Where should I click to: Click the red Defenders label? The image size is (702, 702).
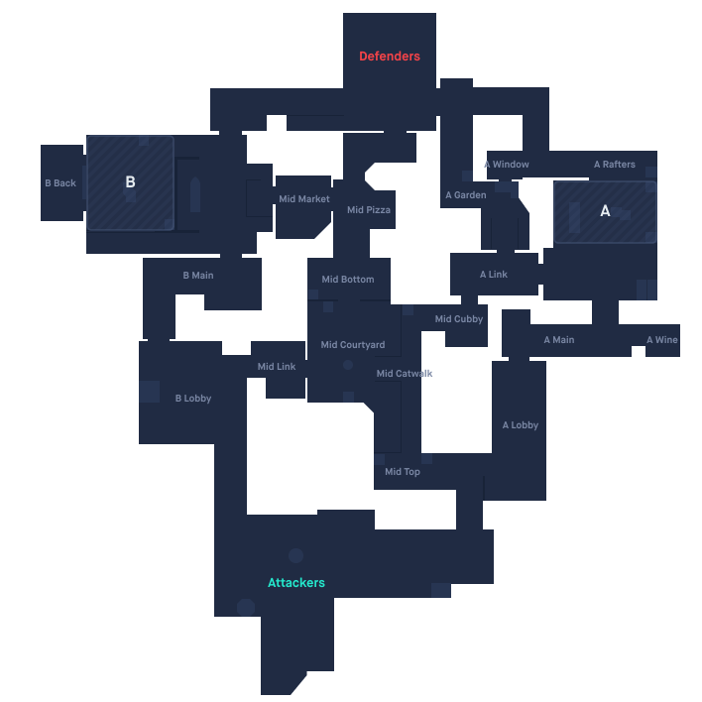390,57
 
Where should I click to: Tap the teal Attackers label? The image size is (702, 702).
296,583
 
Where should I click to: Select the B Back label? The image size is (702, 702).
60,183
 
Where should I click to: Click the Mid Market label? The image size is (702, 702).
304,199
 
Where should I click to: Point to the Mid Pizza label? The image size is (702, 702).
369,210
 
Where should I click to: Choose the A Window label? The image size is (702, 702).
507,165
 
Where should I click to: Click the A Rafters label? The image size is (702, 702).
615,165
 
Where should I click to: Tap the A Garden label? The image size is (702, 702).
466,195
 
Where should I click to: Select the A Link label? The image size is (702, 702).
494,275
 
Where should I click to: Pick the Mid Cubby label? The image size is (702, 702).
459,319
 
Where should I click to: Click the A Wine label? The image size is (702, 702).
662,340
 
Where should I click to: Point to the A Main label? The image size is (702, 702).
559,340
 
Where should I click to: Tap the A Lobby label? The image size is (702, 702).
521,425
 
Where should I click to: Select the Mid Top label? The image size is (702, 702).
403,472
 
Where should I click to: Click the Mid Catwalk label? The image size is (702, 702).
405,374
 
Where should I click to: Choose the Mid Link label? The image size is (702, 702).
277,367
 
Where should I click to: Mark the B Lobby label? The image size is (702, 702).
193,399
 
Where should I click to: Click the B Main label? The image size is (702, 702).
198,276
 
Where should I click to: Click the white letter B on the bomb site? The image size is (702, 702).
130,182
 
